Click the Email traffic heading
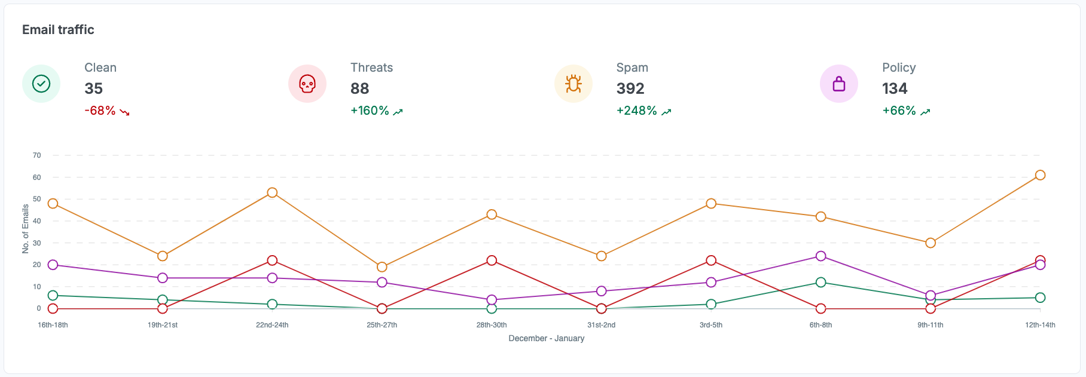pos(58,30)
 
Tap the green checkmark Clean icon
pos(41,84)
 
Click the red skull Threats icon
pos(307,84)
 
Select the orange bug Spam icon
pos(573,84)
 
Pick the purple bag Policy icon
pos(839,84)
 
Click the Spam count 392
pos(630,88)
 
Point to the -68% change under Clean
pos(100,111)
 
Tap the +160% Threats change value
pos(370,111)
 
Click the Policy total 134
pos(895,88)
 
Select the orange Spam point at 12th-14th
pos(1040,175)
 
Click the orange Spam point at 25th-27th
pos(382,267)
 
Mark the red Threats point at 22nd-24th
pos(272,260)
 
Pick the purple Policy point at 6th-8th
pos(820,256)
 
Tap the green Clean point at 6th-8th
pos(820,283)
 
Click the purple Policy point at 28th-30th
pos(492,300)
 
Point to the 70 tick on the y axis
pos(37,155)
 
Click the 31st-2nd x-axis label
pos(601,325)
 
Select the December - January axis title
pos(546,338)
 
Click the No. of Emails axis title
pos(26,229)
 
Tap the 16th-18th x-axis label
pos(53,325)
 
